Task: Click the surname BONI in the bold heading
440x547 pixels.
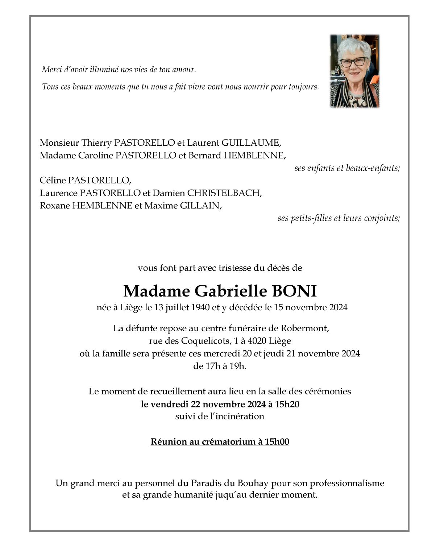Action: pyautogui.click(x=294, y=291)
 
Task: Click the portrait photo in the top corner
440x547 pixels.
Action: pyautogui.click(x=354, y=71)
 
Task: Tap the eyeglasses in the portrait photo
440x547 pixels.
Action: pyautogui.click(x=353, y=62)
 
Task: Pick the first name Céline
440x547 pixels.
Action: pyautogui.click(x=53, y=180)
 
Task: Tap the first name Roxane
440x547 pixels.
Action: pyautogui.click(x=55, y=206)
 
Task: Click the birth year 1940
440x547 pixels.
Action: pyautogui.click(x=200, y=308)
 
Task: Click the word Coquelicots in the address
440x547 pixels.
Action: pyautogui.click(x=205, y=341)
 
